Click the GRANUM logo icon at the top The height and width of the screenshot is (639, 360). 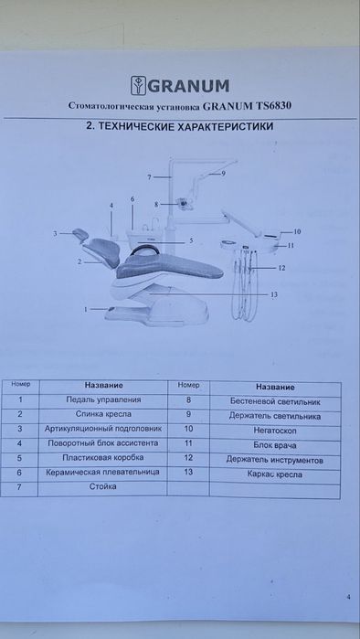(x=136, y=88)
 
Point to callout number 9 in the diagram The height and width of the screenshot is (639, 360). (x=222, y=173)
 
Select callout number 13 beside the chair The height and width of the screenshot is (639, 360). (x=275, y=293)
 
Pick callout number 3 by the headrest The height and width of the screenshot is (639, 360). (x=55, y=234)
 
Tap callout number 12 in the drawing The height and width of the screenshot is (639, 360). (x=282, y=268)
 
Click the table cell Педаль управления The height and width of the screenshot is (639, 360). (x=103, y=399)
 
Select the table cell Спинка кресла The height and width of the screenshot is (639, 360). (x=103, y=414)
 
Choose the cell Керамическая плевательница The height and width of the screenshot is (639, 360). (x=103, y=472)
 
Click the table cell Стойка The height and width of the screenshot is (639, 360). (x=103, y=487)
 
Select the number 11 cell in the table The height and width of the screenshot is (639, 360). (x=188, y=442)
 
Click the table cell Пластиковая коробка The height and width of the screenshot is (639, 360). (x=103, y=457)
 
